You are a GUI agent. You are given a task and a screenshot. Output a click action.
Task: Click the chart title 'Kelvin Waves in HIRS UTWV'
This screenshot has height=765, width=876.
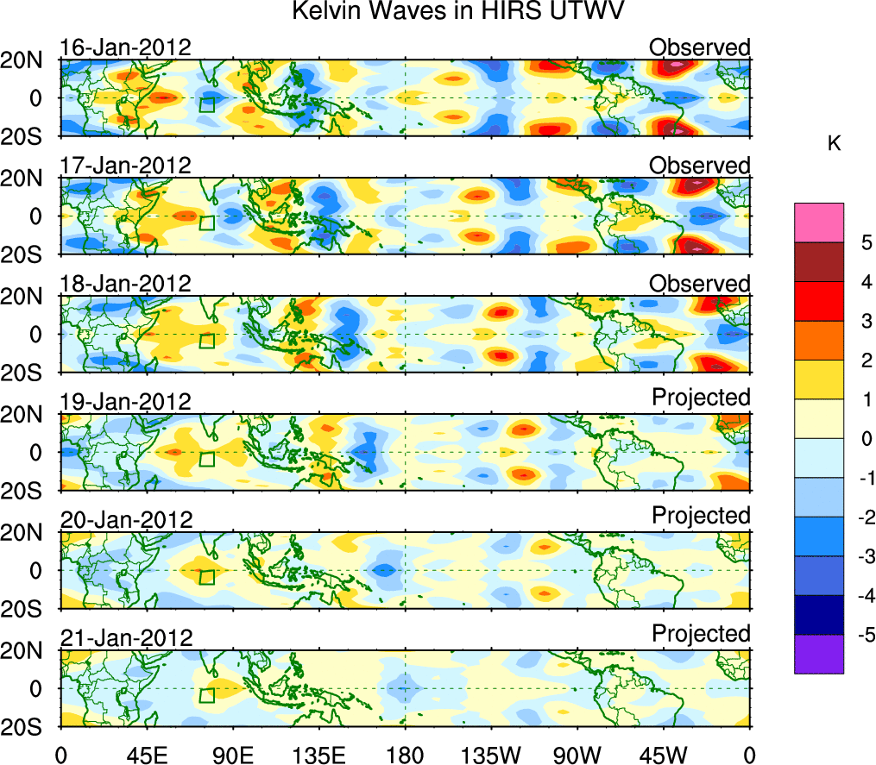(457, 12)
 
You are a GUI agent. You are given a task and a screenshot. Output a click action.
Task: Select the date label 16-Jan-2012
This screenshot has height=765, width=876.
(125, 47)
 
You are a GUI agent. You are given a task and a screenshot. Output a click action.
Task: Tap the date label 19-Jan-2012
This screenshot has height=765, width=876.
(125, 401)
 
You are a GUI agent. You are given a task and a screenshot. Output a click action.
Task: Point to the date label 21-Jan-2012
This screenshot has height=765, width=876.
(125, 637)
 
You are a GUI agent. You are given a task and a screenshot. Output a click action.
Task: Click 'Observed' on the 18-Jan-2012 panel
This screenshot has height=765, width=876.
(700, 283)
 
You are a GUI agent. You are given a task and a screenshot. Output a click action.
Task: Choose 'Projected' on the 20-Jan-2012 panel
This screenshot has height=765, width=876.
(701, 515)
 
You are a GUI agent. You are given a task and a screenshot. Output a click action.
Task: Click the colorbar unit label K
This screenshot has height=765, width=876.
(834, 143)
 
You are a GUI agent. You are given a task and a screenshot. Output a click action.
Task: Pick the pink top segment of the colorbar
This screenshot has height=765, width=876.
(818, 223)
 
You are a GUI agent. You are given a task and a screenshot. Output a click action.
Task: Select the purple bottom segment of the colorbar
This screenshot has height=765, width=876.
(818, 654)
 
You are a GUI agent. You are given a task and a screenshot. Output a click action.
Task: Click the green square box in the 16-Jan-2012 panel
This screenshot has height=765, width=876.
(206, 104)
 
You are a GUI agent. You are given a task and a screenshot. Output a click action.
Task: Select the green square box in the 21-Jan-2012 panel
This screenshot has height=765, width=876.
(206, 695)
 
